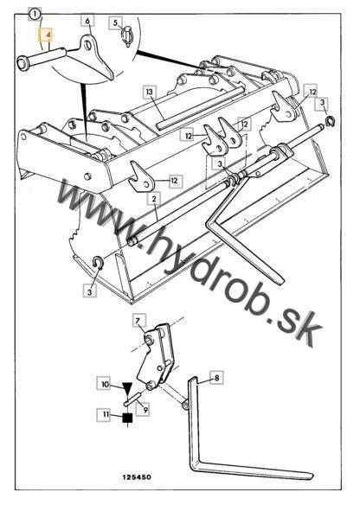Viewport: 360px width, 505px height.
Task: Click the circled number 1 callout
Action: pos(34,14)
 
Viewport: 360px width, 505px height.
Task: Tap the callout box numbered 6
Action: pos(87,22)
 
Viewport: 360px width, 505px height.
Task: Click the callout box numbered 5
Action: pos(115,23)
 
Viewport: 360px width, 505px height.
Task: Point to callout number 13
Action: pos(150,93)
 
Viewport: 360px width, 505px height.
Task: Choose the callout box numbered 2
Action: pos(154,199)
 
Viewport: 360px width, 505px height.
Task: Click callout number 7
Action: pos(138,321)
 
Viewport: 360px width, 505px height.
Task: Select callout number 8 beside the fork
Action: pos(216,378)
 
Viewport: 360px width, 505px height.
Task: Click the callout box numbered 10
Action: pos(106,385)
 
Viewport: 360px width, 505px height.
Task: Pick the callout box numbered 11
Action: pos(106,415)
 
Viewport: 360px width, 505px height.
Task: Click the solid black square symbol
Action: pos(127,418)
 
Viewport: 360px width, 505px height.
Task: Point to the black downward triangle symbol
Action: pos(127,387)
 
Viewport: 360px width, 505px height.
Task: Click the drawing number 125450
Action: pos(137,477)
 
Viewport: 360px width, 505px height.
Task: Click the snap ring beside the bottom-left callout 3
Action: pos(98,263)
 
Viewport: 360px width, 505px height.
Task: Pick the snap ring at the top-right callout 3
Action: pos(330,122)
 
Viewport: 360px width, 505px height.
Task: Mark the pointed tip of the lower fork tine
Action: pos(313,476)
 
